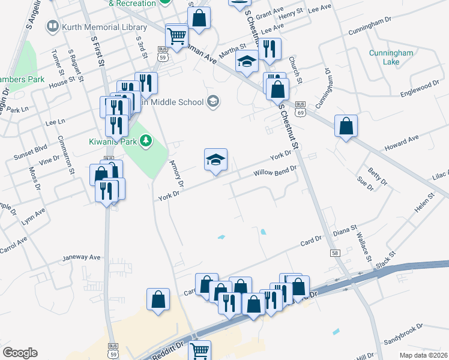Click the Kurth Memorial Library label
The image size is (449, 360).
coord(90,27)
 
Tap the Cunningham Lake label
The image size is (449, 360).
coord(391,58)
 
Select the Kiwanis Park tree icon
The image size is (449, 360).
coord(145,141)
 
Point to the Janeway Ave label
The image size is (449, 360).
coord(82,257)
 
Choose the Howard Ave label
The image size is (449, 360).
coord(402,142)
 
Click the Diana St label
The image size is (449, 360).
coord(345,231)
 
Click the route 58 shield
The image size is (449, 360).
coord(335,253)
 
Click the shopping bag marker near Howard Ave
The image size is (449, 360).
coord(346,126)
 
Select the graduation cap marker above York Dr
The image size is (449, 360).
coord(216,160)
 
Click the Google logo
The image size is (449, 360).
coord(20,353)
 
